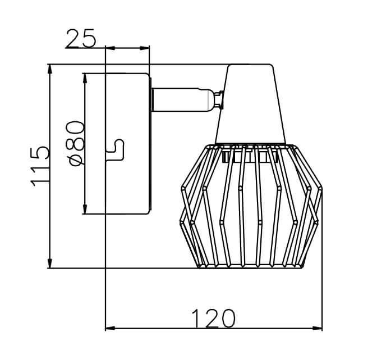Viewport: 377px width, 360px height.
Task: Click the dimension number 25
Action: point(81,38)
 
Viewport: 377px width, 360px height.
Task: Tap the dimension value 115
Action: point(40,166)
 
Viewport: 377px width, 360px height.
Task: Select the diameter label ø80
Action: point(75,143)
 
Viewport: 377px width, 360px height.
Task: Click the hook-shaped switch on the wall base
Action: point(118,150)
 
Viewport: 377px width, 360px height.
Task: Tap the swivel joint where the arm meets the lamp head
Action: point(219,99)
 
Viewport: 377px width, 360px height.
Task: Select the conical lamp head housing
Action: point(251,104)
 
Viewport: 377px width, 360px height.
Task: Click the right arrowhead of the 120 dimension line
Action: point(318,328)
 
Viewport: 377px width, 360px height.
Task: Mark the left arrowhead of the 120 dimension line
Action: point(110,328)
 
